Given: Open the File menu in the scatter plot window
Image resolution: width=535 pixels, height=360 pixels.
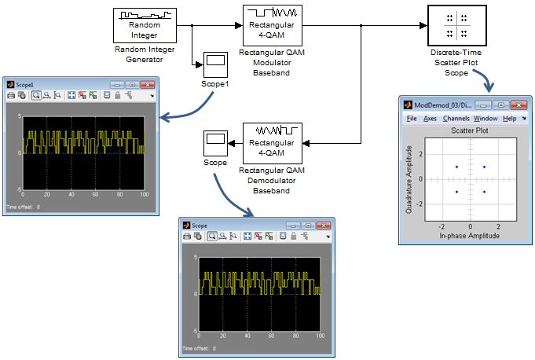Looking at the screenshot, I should click(x=412, y=118).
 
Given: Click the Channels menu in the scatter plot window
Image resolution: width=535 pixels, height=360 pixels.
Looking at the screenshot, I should click(x=456, y=118).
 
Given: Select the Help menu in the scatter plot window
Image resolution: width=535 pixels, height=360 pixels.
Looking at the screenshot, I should click(x=509, y=118).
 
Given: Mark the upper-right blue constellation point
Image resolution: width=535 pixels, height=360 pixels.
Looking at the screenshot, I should click(x=484, y=167).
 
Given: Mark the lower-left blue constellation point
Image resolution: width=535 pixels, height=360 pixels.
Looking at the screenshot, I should click(x=456, y=191).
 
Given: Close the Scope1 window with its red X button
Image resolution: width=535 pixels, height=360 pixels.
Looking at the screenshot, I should click(x=149, y=83).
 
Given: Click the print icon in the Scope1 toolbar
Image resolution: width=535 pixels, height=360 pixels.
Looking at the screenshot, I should click(x=11, y=95).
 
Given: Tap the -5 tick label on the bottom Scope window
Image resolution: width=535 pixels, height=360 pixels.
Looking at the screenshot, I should click(x=193, y=334).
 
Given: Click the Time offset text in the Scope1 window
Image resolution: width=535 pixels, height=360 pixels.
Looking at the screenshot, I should click(x=23, y=207).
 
